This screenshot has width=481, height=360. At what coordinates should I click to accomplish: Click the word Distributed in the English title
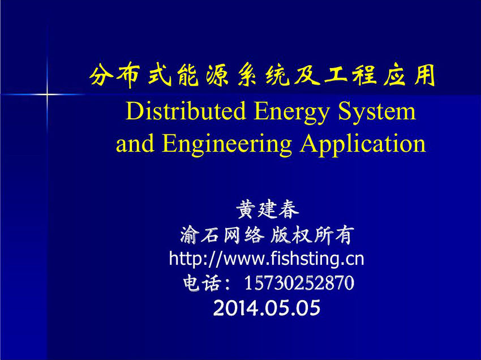tap(186, 111)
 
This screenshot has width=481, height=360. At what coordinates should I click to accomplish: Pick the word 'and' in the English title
tap(135, 143)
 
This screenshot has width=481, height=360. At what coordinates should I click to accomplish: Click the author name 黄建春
tap(268, 210)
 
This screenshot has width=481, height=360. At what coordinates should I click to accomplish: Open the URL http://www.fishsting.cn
tap(267, 259)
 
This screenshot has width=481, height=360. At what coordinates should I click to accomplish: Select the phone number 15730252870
tap(299, 283)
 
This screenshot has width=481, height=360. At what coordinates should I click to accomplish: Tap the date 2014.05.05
tap(267, 308)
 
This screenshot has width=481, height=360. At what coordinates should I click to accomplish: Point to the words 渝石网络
tap(222, 235)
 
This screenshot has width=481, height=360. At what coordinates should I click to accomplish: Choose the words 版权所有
tap(312, 235)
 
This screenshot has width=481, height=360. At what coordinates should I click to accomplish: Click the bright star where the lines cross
tap(47, 94)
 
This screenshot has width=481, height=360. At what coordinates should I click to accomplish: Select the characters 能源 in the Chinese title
tap(203, 75)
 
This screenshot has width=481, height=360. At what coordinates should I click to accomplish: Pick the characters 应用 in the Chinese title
tap(410, 75)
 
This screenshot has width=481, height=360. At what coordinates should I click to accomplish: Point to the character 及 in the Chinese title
tap(307, 75)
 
